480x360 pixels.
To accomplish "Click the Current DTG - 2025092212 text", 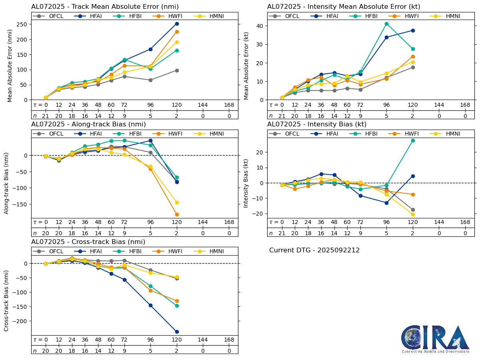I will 314,250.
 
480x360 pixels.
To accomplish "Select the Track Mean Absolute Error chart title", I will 105,7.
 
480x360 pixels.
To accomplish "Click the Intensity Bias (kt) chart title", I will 317,124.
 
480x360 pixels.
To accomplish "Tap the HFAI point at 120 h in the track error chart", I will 177,24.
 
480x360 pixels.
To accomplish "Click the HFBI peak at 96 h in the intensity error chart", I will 386,24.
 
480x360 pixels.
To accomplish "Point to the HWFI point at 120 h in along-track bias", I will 177,214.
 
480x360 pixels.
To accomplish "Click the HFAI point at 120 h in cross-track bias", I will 177,332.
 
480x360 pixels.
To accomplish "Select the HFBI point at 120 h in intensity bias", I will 413,140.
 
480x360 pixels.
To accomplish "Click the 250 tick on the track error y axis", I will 22,24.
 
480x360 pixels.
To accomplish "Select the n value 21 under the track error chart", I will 46,116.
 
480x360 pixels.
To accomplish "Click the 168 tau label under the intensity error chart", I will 465,105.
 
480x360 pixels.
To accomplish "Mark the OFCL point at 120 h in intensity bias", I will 413,210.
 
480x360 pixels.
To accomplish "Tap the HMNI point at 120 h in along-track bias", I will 177,202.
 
